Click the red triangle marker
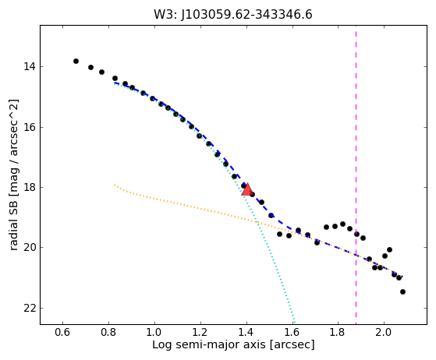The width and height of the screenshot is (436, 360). click(246, 189)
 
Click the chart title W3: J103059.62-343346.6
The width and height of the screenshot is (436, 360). click(233, 14)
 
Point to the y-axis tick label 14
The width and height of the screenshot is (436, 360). click(30, 67)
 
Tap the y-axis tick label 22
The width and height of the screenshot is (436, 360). click(30, 309)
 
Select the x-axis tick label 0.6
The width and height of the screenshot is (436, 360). click(62, 332)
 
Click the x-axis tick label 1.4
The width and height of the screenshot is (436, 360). click(246, 332)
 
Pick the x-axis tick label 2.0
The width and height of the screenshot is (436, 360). click(384, 332)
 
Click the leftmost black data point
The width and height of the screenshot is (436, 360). click(76, 61)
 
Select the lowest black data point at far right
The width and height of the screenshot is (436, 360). click(402, 291)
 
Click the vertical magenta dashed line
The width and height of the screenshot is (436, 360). click(356, 175)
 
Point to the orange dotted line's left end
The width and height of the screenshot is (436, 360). click(115, 184)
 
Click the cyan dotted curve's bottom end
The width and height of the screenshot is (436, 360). click(294, 323)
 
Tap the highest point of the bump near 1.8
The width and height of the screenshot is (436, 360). click(342, 224)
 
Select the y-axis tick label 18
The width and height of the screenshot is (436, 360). click(30, 188)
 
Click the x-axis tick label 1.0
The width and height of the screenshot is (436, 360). click(154, 332)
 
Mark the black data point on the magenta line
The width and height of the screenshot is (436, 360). click(356, 234)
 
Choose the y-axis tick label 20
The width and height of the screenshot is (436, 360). click(30, 247)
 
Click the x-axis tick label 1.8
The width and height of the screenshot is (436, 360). click(338, 332)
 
